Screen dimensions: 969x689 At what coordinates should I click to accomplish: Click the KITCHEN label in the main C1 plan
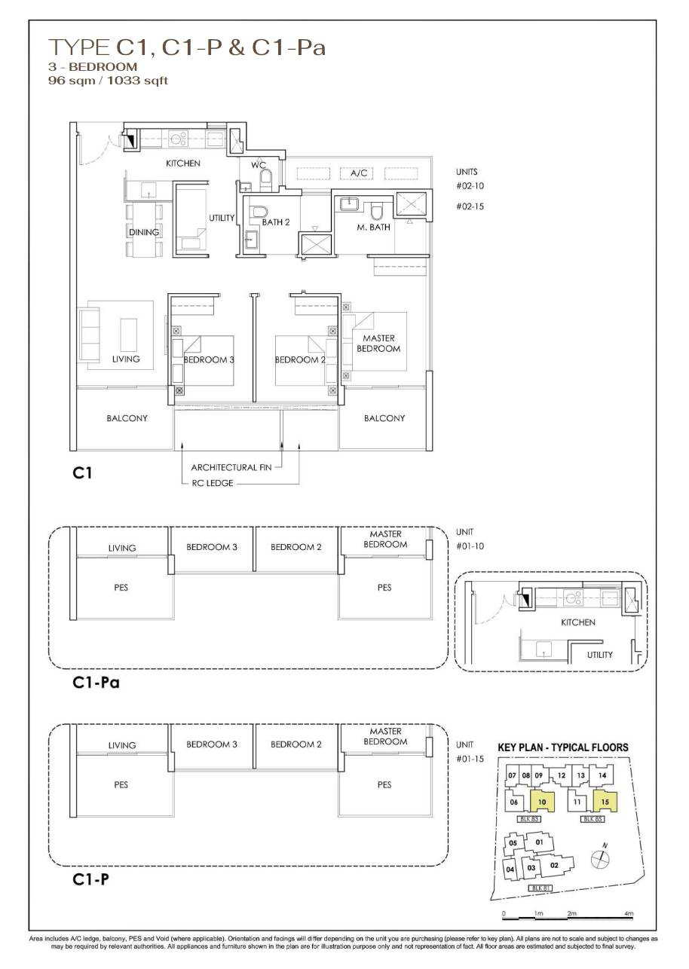[183, 164]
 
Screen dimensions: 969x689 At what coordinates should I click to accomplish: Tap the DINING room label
[144, 232]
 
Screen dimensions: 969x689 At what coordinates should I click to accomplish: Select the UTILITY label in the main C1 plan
[222, 218]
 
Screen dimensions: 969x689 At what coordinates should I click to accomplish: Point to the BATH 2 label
[275, 222]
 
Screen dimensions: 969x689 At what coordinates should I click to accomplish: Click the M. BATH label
[373, 227]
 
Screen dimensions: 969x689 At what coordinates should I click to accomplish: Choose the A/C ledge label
[358, 173]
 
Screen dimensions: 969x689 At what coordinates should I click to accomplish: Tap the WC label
[258, 165]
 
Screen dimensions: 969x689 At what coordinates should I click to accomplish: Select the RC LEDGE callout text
[212, 483]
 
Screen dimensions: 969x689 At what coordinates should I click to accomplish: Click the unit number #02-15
[468, 205]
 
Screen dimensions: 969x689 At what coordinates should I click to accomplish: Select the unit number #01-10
[468, 546]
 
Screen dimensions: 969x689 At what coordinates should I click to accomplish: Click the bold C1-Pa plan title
[97, 683]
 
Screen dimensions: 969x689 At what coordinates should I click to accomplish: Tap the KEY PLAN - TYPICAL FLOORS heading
[562, 747]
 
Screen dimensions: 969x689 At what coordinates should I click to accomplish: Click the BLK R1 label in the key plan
[538, 889]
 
